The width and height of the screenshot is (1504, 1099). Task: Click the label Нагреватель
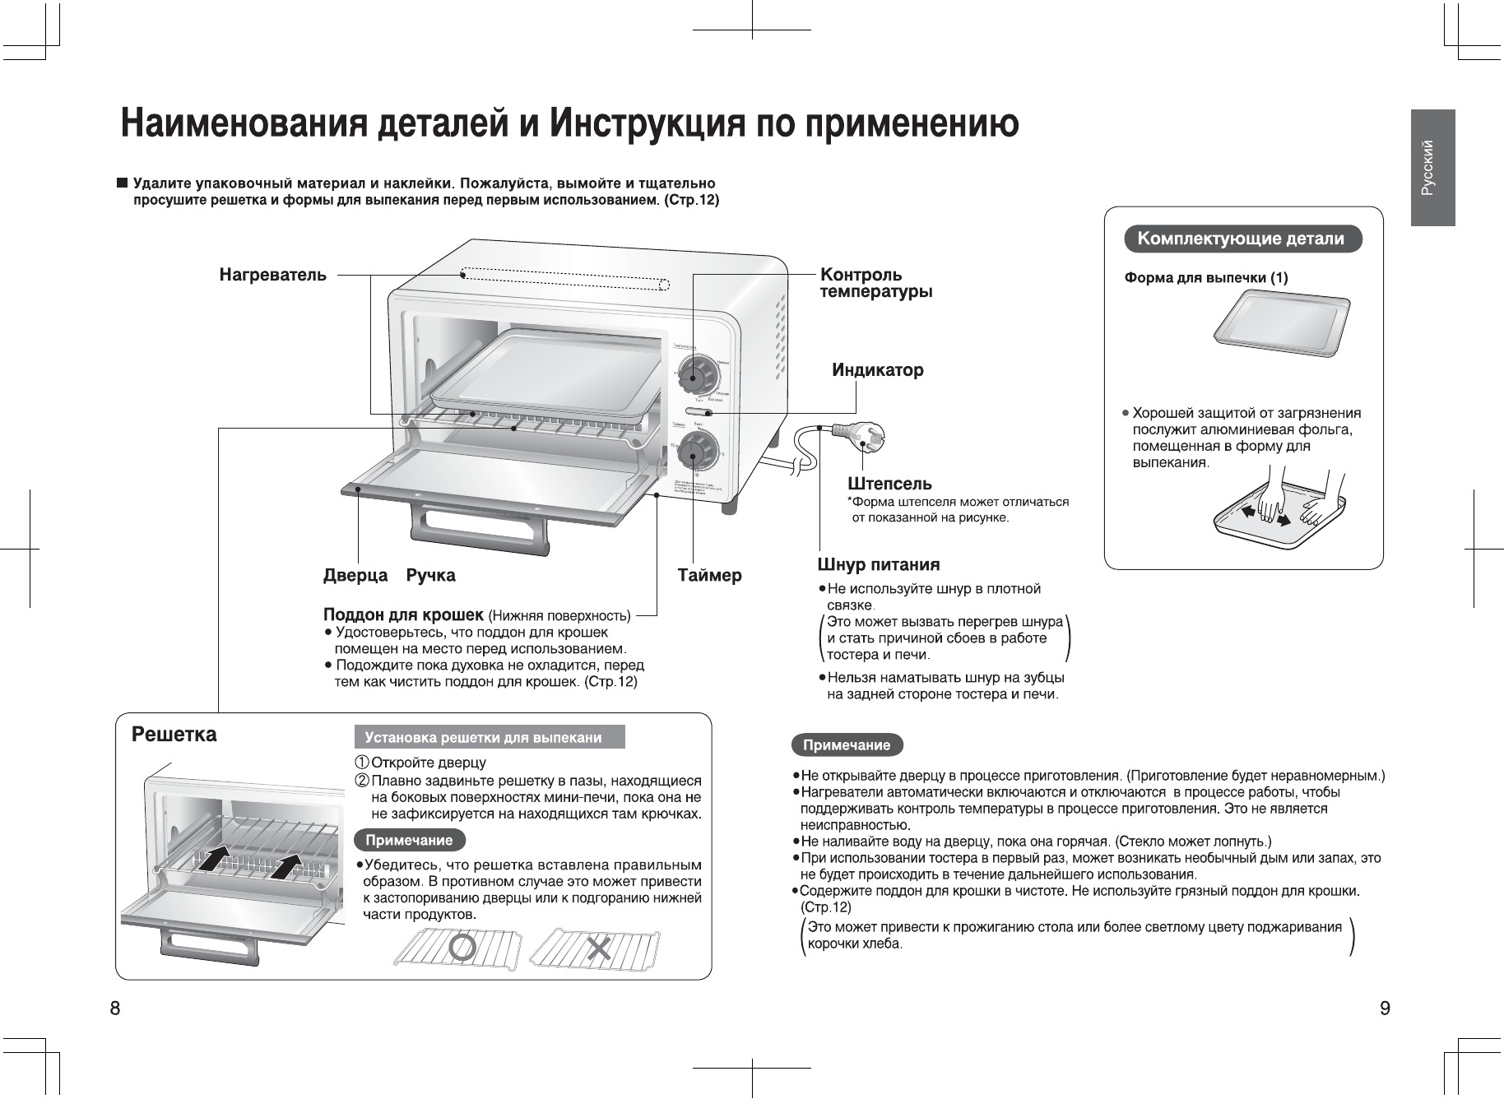[272, 275]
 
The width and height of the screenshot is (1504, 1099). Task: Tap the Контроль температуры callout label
[875, 283]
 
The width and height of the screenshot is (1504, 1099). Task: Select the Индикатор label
[877, 370]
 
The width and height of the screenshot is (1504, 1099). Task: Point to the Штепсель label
[889, 483]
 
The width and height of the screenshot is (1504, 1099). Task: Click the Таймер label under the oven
[709, 576]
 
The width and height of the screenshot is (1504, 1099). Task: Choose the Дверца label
[355, 576]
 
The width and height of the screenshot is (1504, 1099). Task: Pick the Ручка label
[431, 576]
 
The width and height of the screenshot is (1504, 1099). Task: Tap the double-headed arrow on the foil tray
[1265, 517]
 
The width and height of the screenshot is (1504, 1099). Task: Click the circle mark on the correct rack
[464, 948]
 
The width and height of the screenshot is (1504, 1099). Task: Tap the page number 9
[1386, 1009]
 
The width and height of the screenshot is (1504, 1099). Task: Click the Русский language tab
[1432, 168]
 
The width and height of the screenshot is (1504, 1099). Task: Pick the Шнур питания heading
[878, 565]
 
